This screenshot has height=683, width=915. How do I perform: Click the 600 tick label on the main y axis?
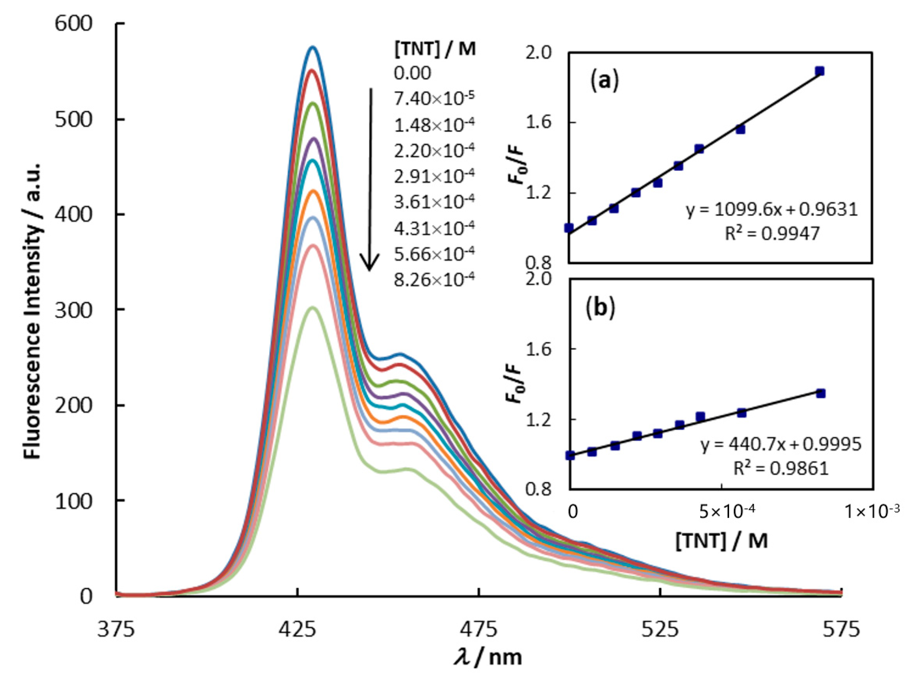point(74,24)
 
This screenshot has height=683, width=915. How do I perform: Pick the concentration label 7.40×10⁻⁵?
point(434,99)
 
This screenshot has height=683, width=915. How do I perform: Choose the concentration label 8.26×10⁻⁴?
point(434,280)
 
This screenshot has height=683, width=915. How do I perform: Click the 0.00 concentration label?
point(412,73)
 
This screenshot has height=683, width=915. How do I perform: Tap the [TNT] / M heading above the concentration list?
point(434,49)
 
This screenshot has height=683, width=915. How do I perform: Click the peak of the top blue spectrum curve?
point(313,47)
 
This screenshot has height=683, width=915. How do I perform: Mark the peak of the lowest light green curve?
point(313,308)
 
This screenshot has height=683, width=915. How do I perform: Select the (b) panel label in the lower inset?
point(600,308)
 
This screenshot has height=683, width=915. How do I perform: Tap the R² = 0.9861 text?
point(781,468)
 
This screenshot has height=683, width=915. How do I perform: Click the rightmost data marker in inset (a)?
point(819,71)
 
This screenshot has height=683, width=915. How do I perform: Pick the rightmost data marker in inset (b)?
point(821,393)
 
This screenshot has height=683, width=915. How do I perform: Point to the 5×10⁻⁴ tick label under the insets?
point(727,511)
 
